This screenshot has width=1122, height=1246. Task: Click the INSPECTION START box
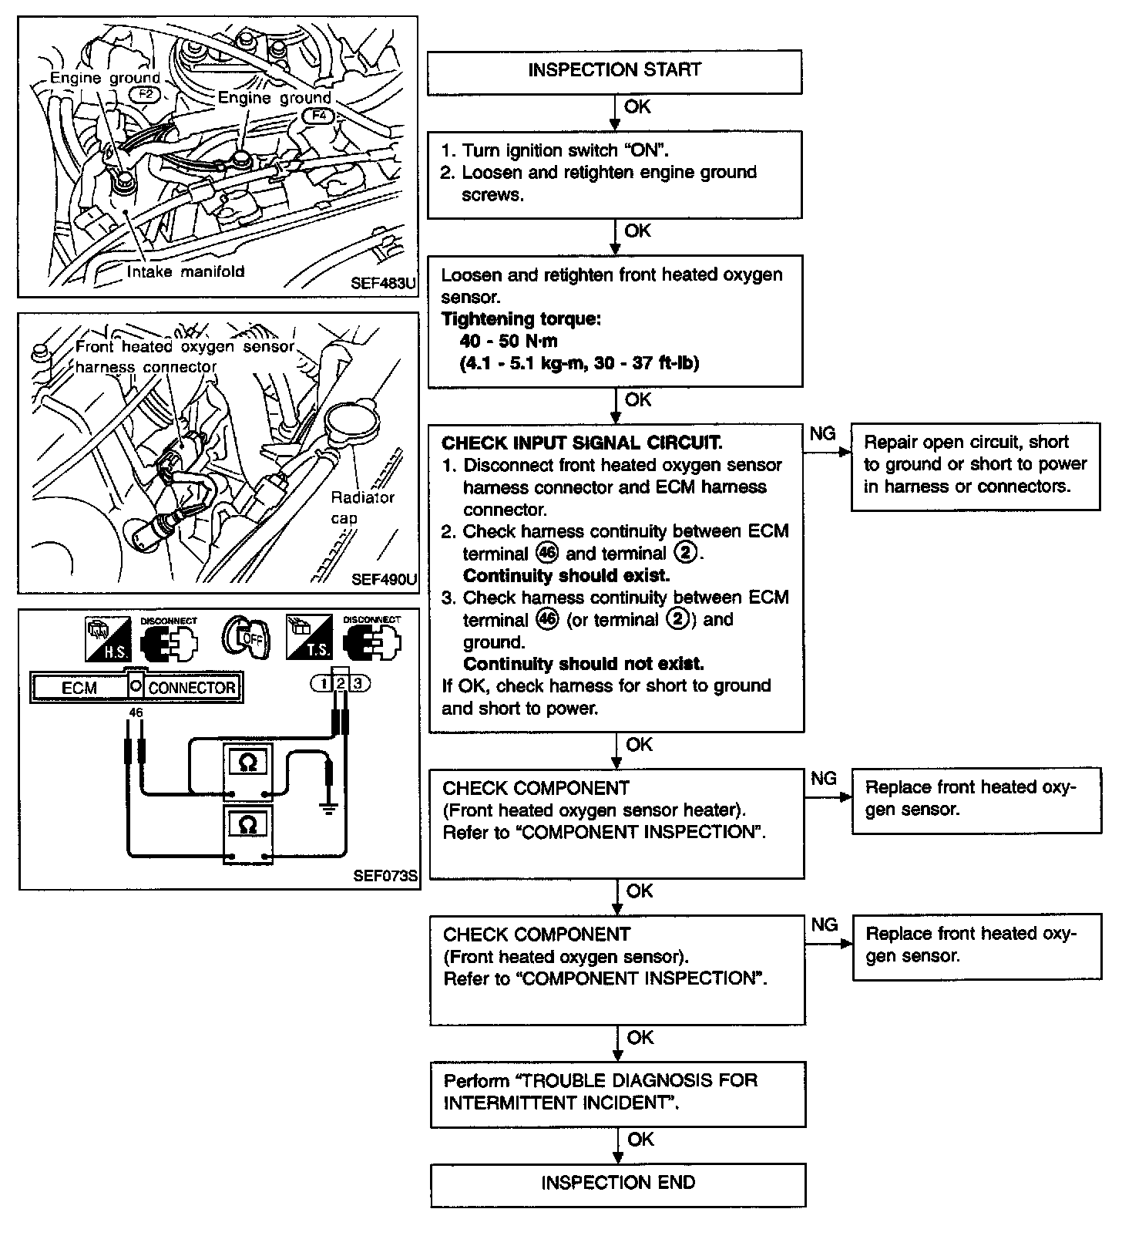point(614,71)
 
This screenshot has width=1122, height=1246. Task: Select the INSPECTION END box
point(617,1184)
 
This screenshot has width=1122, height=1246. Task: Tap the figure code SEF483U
point(383,283)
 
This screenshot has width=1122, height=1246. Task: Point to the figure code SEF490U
point(383,579)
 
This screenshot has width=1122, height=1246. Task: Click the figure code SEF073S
point(385,876)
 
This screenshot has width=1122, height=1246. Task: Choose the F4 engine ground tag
point(317,115)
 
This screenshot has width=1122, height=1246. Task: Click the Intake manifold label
point(185,271)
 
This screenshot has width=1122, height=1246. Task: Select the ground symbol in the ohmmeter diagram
point(329,807)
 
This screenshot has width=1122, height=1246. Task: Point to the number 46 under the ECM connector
point(136,713)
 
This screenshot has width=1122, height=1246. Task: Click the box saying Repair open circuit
point(975,465)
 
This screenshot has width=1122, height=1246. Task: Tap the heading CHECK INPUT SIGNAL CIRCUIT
point(582,443)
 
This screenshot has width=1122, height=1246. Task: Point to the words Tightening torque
point(521,319)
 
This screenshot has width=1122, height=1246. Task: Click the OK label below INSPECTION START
point(637,107)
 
